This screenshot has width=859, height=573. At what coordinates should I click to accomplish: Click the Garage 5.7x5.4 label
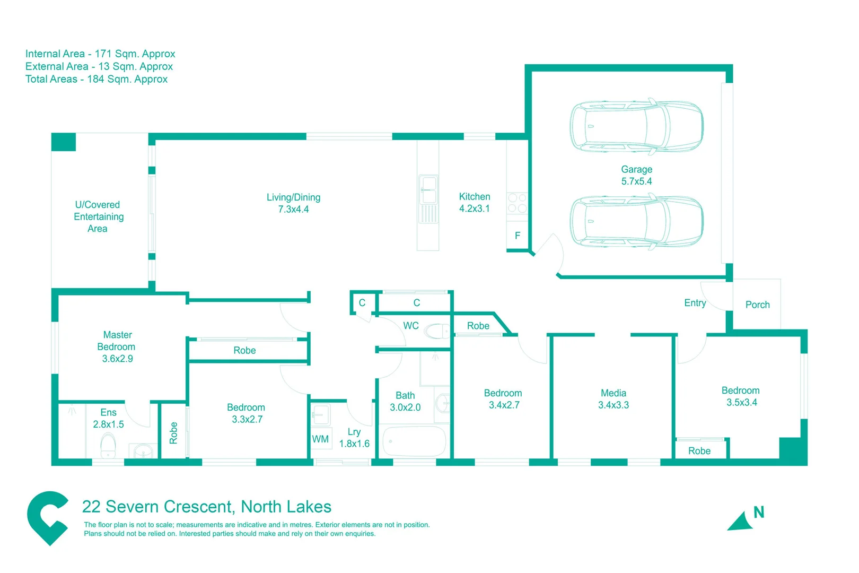tap(636, 175)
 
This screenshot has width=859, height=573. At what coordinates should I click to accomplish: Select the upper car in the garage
tap(636, 126)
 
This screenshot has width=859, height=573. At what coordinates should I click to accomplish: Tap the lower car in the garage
tap(636, 221)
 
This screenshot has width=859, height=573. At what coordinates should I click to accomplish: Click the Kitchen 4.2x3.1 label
tap(475, 203)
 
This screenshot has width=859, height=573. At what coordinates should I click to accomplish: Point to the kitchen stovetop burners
tap(517, 203)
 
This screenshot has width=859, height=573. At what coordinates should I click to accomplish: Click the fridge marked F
tap(518, 236)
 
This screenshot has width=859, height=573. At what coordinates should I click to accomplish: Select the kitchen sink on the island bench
tap(428, 190)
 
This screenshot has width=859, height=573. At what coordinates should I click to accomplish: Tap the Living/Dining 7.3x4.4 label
tap(293, 203)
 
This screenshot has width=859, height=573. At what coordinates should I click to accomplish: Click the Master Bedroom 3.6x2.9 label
tap(117, 346)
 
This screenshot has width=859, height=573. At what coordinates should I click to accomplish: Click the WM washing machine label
tap(320, 439)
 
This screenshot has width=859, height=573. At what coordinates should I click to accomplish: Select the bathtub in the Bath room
tap(415, 441)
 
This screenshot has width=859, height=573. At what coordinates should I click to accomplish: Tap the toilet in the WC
tap(437, 332)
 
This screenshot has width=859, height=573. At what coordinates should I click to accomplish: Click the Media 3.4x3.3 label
tap(613, 399)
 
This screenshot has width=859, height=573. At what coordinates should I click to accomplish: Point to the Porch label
tap(757, 305)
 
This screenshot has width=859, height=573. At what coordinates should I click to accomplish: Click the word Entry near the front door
tap(695, 303)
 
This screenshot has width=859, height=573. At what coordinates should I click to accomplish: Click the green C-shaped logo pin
tap(47, 517)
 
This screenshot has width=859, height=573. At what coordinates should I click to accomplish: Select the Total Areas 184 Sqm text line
tap(97, 79)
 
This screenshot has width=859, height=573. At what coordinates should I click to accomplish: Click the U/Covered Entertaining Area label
tap(98, 216)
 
